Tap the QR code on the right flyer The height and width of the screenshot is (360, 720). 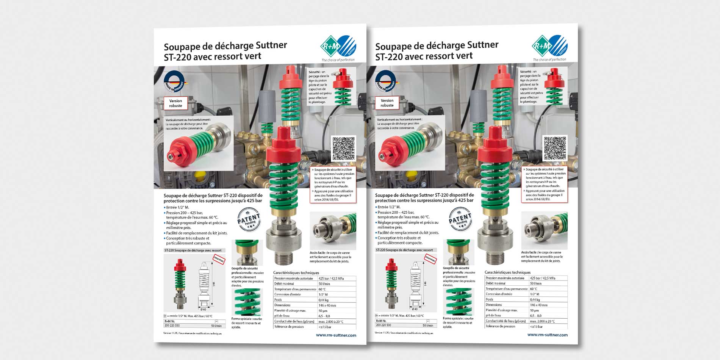tap(555, 148)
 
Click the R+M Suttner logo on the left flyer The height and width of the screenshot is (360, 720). tap(338, 46)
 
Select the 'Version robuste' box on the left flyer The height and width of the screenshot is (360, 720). tap(175, 103)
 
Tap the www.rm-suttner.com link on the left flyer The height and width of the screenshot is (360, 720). tap(336, 335)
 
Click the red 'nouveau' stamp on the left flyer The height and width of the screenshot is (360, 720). tap(219, 260)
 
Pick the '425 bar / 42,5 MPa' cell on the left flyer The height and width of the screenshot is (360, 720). tap(331, 279)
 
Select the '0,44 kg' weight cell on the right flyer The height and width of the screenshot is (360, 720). tap(535, 299)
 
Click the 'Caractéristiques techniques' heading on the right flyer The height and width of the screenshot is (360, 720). tap(507, 272)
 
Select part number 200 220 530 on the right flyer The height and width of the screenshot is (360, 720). tap(384, 325)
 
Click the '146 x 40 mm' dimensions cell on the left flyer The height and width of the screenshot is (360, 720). tap(327, 305)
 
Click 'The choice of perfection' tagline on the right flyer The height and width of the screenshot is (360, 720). tap(549, 59)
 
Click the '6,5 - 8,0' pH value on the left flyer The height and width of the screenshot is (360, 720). tap(324, 316)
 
